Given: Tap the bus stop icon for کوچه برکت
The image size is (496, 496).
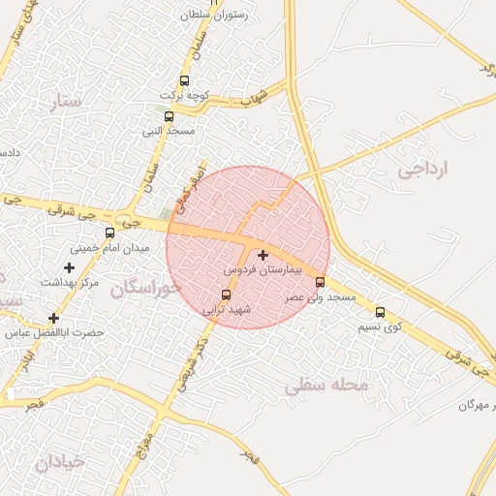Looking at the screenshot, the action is point(184,81).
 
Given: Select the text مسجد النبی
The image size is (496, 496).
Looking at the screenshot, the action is point(170,130).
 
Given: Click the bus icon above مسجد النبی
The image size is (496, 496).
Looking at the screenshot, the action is point(170,116).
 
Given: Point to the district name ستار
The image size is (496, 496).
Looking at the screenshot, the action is point(69,100).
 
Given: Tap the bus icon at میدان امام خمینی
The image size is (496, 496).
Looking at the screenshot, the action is point(109,233).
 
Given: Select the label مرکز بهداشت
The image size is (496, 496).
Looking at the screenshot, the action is point(70,282).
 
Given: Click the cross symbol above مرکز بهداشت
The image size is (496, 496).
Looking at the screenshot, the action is point(69,267).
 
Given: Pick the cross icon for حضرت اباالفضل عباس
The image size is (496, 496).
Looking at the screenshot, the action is point(53,318).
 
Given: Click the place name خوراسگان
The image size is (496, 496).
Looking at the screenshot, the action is point(145,288).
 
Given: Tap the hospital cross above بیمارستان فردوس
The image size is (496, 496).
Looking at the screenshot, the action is point(263,255).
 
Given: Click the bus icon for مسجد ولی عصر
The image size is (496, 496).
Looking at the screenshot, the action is point(321,282).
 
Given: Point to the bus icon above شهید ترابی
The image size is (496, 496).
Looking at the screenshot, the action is point(227,294).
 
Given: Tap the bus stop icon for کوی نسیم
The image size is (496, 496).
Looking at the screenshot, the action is point(380,312).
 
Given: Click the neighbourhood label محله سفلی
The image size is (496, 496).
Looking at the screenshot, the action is point(327,385).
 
